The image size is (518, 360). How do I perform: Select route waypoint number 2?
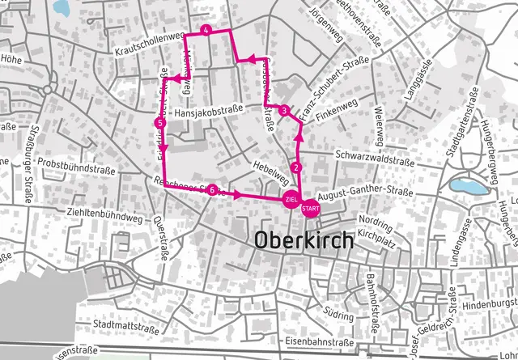(x=297, y=167)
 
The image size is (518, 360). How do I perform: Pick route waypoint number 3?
(x=285, y=110)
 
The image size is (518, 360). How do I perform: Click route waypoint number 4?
(x=207, y=30)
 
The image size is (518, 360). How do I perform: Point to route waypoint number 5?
(x=159, y=122)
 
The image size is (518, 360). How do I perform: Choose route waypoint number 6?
(x=211, y=191)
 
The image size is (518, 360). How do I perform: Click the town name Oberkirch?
(x=304, y=240)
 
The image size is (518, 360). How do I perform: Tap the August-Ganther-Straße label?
(x=365, y=194)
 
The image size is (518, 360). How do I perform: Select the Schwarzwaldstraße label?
(x=374, y=158)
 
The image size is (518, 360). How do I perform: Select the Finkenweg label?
(x=336, y=111)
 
